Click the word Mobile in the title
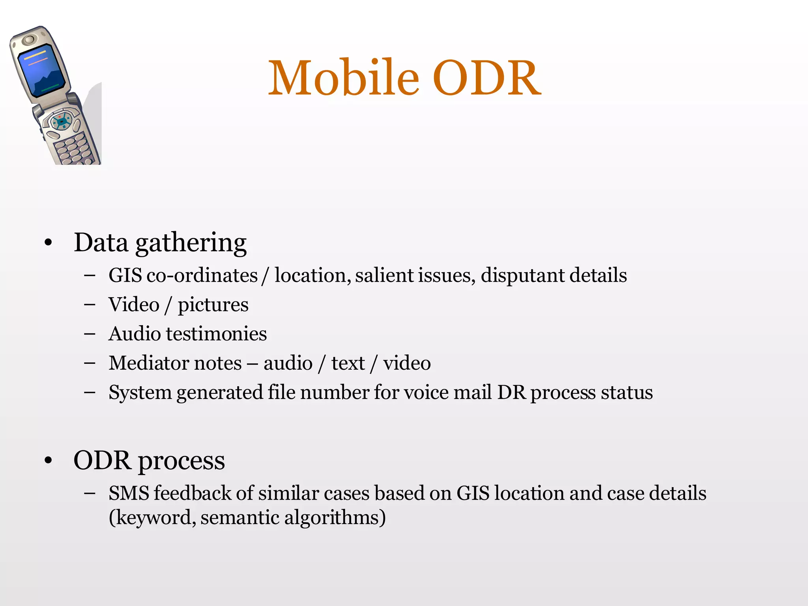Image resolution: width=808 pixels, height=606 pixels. click(x=343, y=78)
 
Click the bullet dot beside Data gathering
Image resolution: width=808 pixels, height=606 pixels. click(x=48, y=243)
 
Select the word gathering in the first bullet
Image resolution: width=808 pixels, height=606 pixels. click(x=191, y=243)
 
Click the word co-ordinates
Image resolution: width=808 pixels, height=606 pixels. click(x=202, y=275)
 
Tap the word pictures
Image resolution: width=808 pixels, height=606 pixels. click(x=213, y=305)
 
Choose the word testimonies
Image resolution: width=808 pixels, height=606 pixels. click(x=216, y=334)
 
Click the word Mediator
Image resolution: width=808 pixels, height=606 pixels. click(x=175, y=363)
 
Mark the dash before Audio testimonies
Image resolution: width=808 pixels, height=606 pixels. click(x=90, y=334)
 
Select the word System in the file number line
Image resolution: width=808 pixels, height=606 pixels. click(x=140, y=393)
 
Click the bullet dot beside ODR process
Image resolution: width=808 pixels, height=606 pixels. click(x=48, y=460)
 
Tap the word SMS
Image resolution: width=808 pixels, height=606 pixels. click(x=129, y=493)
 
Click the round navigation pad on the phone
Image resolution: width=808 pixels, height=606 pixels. click(x=61, y=121)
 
